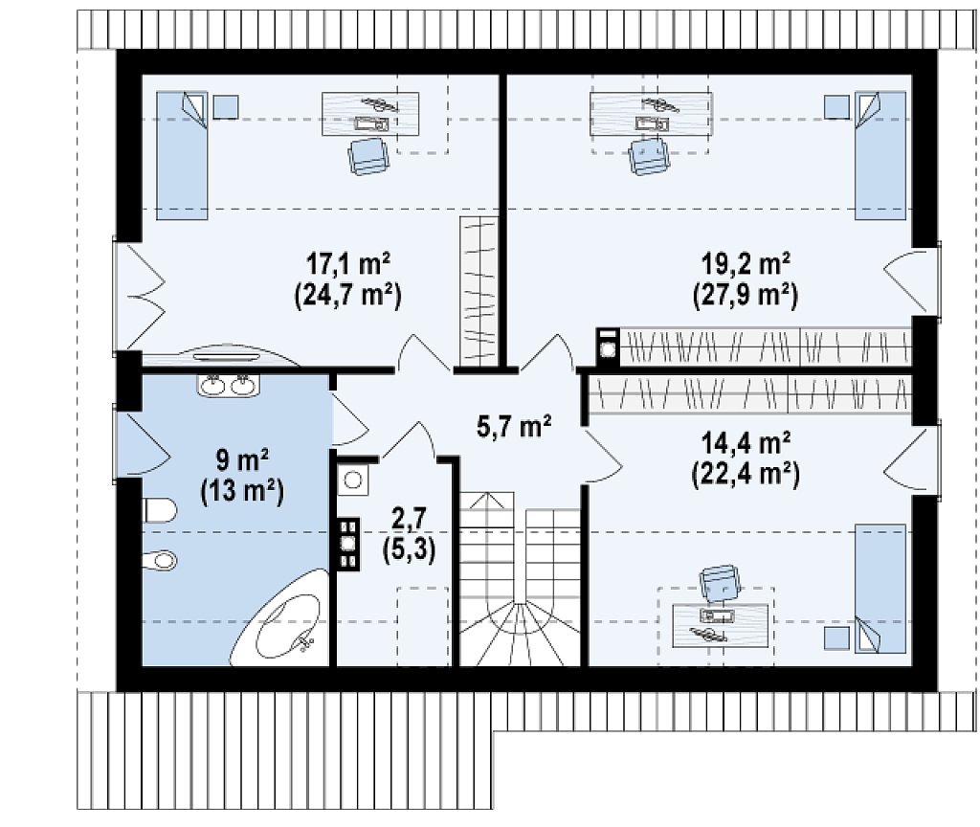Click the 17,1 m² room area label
[x=348, y=264]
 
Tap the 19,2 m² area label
[x=746, y=264]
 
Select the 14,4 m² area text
[x=746, y=443]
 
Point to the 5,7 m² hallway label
[x=514, y=427]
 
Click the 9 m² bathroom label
[x=242, y=460]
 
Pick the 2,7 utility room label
[x=409, y=518]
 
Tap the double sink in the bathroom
[x=229, y=385]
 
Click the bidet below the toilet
[x=160, y=559]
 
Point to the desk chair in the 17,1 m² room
[x=368, y=156]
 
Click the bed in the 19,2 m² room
[x=880, y=156]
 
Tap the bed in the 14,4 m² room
[x=880, y=589]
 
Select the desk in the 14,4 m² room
[x=720, y=625]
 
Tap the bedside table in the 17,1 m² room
[x=226, y=107]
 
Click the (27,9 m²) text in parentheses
[x=746, y=295]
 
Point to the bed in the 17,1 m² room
[x=182, y=156]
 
